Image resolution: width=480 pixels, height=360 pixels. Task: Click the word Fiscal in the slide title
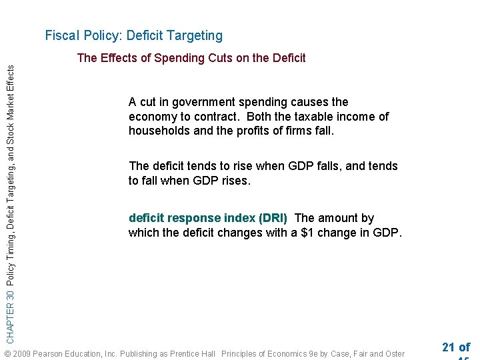point(61,35)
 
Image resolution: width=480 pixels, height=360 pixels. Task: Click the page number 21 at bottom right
point(448,347)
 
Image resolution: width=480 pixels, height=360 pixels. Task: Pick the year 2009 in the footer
point(22,353)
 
